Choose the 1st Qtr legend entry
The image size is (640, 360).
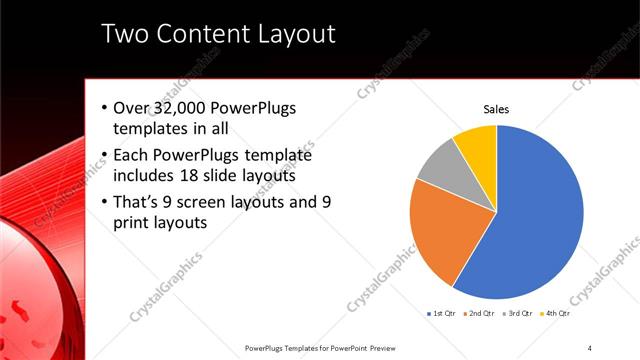(443, 314)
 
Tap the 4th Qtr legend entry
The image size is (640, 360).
(556, 314)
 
